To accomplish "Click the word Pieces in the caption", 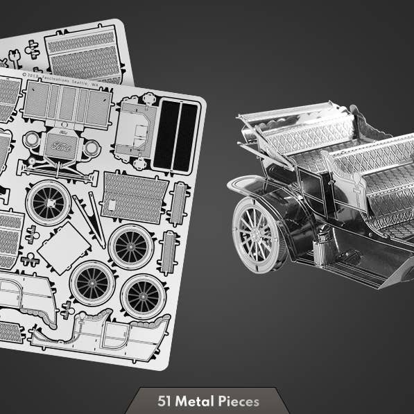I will click(238, 401).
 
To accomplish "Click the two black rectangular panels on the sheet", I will click(175, 135).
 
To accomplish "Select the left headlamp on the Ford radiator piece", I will click(31, 139).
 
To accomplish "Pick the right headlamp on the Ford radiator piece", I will click(91, 148).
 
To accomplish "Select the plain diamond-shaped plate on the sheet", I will click(64, 248).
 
